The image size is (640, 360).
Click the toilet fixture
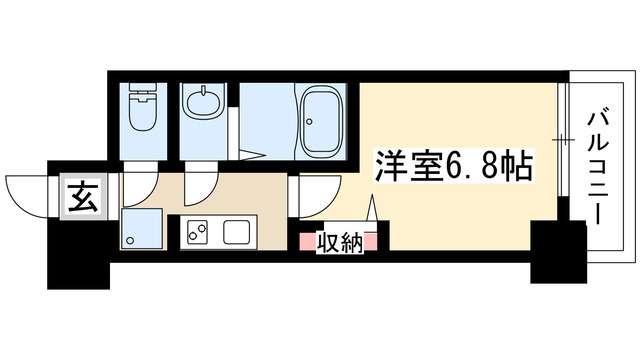click(142, 107)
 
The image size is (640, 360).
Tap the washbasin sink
click(203, 101)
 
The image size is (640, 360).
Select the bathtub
click(320, 122)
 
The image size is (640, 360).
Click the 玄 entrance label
click(83, 197)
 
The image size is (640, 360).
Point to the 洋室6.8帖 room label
click(454, 166)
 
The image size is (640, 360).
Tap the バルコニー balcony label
click(598, 164)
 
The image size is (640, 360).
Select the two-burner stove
click(197, 232)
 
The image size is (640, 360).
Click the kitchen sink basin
click(236, 232)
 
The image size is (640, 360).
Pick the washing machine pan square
click(142, 228)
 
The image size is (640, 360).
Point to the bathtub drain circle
click(309, 121)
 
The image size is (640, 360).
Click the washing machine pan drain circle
click(130, 240)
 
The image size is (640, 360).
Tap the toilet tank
click(142, 88)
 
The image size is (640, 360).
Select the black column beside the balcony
click(558, 252)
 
